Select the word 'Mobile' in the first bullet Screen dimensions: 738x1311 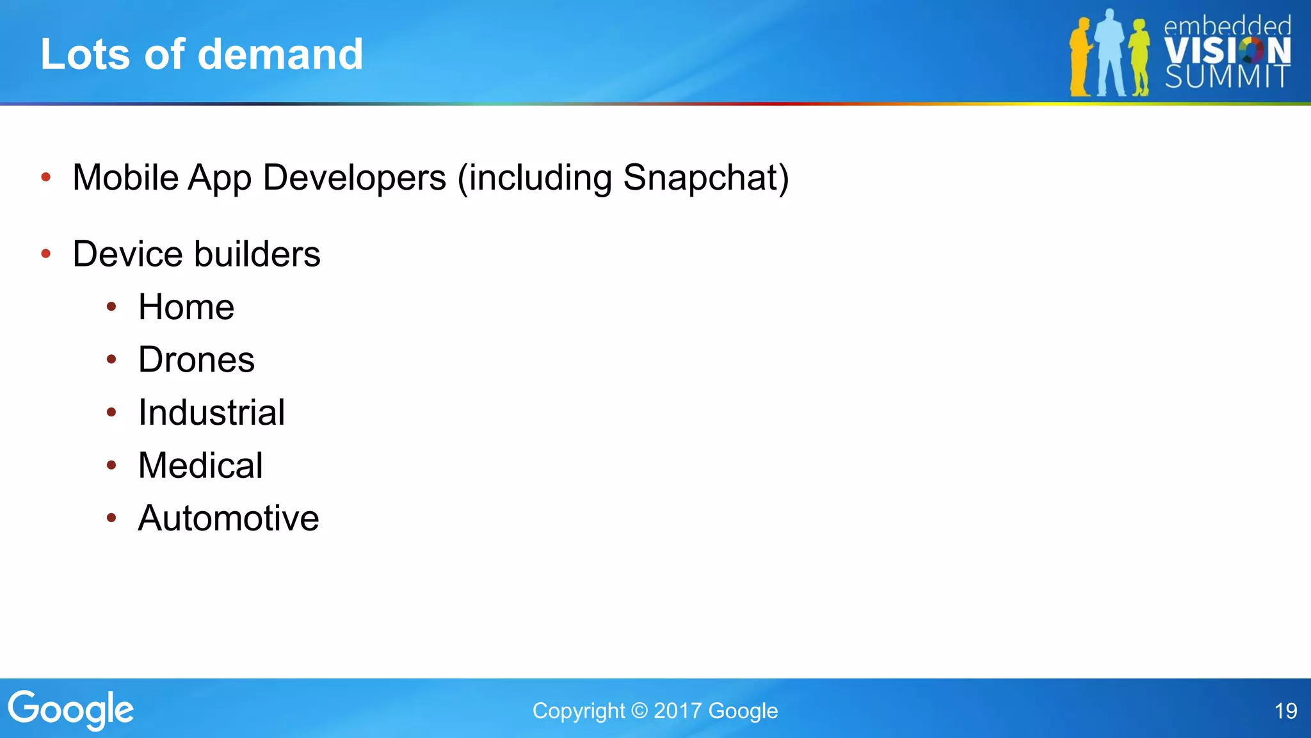(125, 177)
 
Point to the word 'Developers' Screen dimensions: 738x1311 (354, 177)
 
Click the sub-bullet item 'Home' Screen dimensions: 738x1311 (186, 307)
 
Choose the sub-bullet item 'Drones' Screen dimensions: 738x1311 (197, 359)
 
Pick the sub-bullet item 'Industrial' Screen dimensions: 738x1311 (212, 413)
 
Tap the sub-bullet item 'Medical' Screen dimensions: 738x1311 (200, 465)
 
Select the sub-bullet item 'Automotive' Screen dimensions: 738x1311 (229, 518)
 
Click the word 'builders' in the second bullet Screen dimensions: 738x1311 (257, 254)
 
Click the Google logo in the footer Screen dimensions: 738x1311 (70, 710)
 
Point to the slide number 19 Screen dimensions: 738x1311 (1285, 711)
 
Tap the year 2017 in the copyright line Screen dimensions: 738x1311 (677, 711)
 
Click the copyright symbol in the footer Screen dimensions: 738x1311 (639, 711)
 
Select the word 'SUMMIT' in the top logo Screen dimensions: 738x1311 (1227, 77)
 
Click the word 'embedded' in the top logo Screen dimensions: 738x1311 (1227, 26)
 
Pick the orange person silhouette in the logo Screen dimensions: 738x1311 (1081, 58)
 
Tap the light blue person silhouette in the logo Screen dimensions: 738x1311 (1110, 54)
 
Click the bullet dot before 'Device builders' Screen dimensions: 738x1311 (46, 254)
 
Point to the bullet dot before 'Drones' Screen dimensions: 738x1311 (111, 359)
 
